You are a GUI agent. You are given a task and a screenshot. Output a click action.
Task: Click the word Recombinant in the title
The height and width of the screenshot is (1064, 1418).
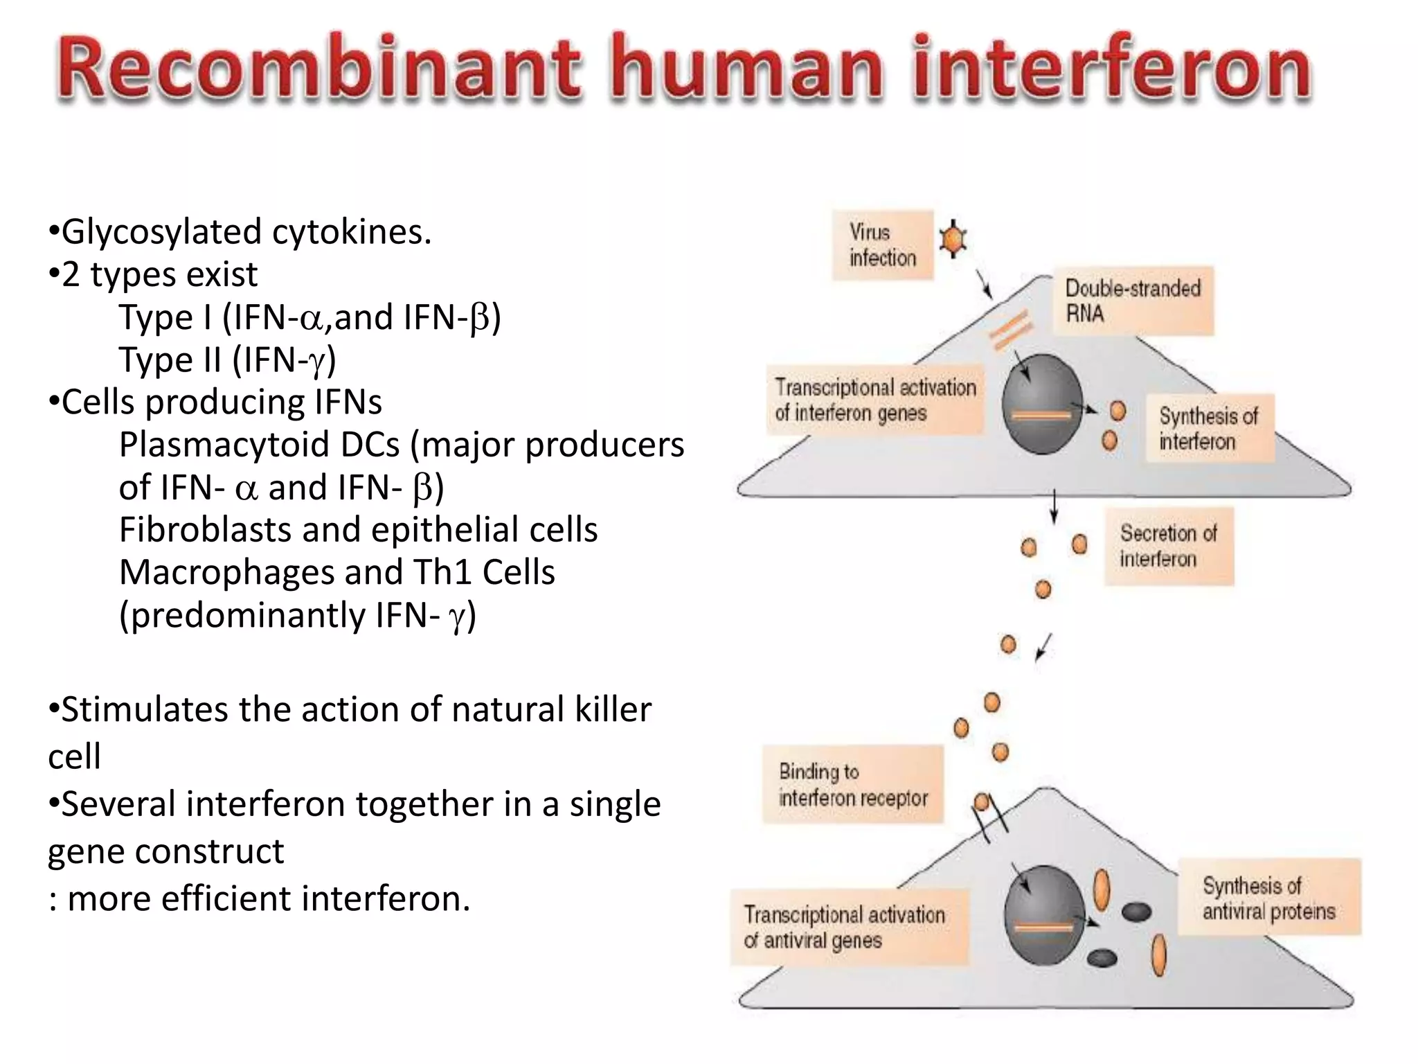318,69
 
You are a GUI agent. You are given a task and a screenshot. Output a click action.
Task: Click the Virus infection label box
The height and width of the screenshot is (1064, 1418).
882,245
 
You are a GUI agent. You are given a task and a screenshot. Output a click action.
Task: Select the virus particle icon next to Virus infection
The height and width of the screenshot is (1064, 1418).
953,239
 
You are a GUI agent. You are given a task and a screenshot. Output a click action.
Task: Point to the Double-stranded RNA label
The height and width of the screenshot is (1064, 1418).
1133,301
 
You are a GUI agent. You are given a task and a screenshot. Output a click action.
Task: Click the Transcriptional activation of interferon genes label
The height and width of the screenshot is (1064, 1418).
875,400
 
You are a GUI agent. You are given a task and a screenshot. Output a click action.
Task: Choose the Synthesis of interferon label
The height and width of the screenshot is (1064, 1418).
1208,428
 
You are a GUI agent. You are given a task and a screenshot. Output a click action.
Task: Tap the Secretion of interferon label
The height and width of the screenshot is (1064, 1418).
1168,546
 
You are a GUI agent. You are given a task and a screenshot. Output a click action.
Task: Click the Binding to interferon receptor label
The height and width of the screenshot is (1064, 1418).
852,784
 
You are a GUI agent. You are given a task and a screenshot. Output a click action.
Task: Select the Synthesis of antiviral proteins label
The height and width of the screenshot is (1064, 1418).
1268,897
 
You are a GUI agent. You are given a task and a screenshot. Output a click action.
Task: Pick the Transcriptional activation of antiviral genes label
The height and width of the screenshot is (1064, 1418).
849,928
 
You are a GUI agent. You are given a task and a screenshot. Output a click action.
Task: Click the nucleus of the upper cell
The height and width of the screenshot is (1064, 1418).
1042,404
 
